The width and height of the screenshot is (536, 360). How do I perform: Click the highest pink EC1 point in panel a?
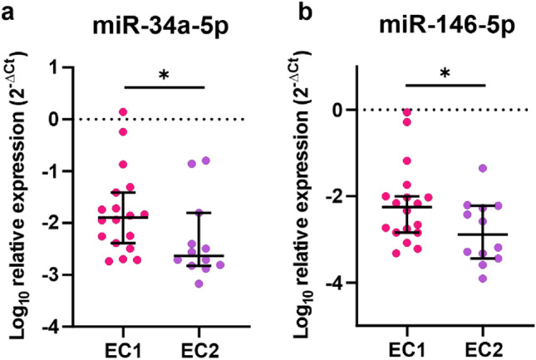(x=122, y=111)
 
